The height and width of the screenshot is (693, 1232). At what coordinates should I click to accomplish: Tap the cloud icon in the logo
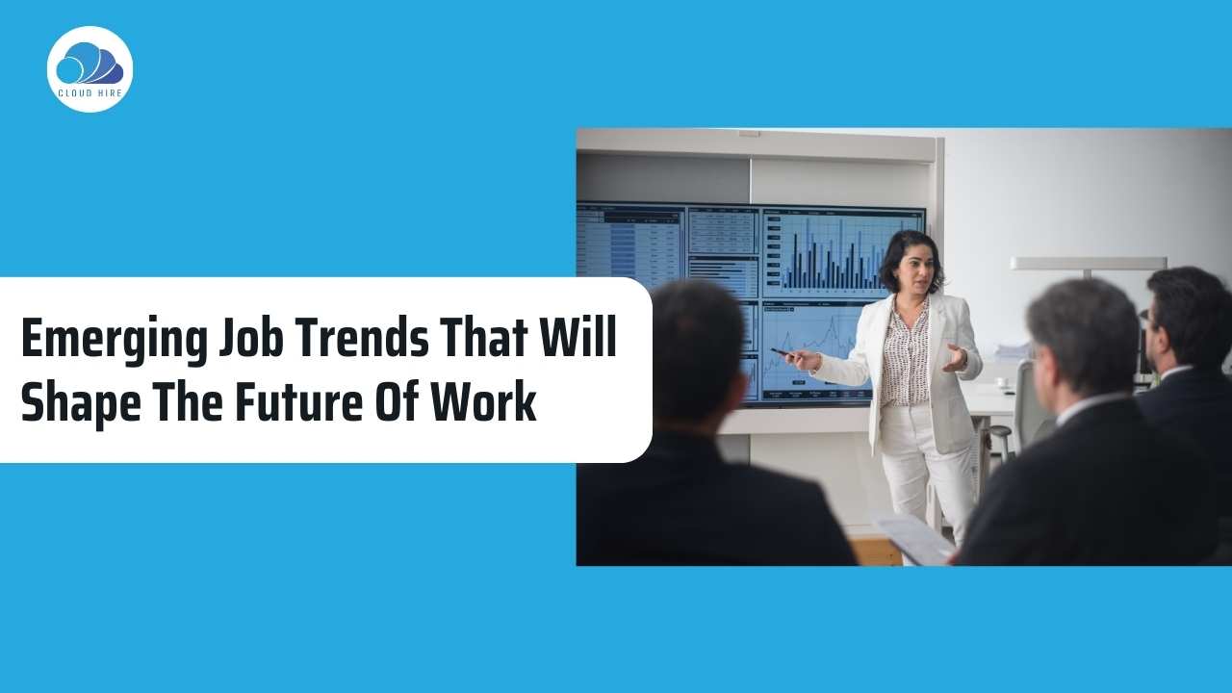pos(89,64)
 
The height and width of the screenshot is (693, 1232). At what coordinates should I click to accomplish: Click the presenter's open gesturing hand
pos(956,359)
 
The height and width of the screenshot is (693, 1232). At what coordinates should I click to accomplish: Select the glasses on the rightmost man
pos(1144,315)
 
